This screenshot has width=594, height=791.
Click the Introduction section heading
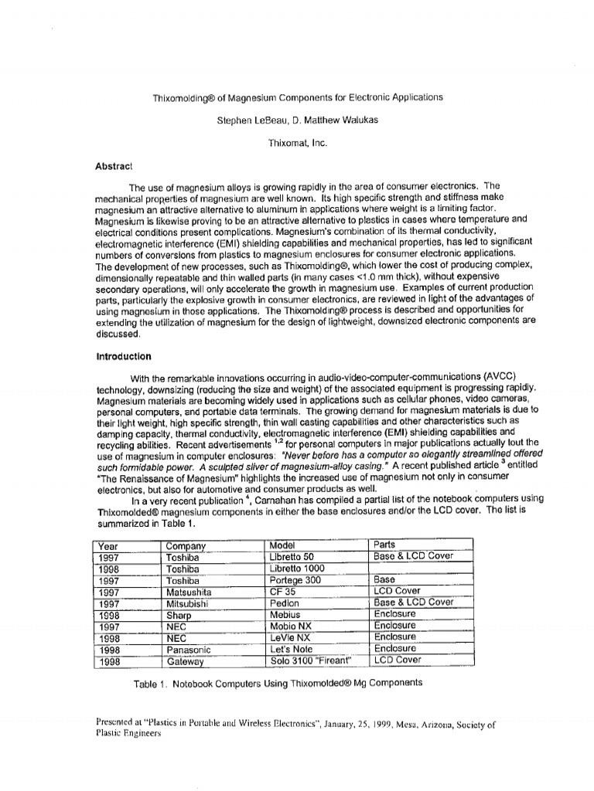(124, 357)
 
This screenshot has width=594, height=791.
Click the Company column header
(186, 546)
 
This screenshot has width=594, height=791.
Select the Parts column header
(385, 545)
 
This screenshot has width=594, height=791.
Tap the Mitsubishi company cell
(189, 603)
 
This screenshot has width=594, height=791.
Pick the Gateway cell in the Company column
(185, 661)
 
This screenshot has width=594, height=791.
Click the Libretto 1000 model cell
(298, 568)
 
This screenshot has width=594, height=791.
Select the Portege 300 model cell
(295, 579)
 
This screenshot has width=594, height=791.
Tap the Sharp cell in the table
(179, 615)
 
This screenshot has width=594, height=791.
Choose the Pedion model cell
(285, 603)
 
